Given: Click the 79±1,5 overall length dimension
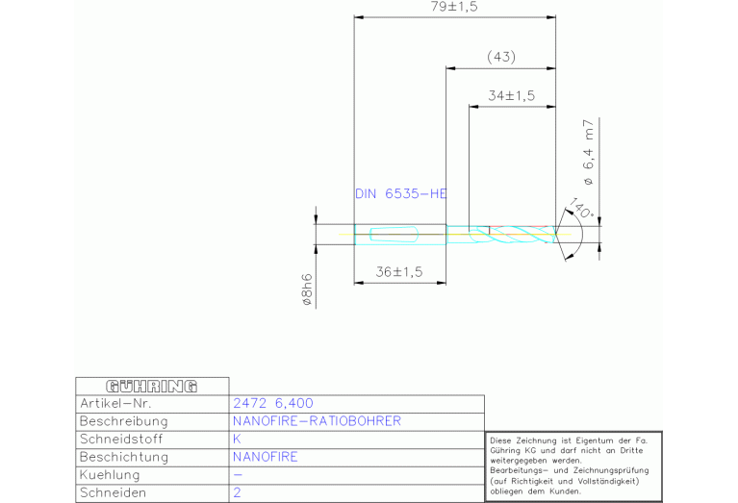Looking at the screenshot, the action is click(454, 7).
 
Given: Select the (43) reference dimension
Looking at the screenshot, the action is click(501, 57).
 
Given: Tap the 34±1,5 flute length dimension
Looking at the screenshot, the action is click(512, 96).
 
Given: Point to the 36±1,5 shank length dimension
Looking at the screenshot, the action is click(399, 272).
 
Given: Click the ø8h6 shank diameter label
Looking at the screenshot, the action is click(306, 290).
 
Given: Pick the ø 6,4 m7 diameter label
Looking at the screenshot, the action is click(588, 152).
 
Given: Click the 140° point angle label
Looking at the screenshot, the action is click(582, 209).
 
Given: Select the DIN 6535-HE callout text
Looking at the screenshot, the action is click(401, 194).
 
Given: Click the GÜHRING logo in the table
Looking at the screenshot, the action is click(152, 387).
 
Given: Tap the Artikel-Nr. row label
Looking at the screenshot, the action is click(115, 403).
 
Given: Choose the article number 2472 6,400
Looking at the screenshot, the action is click(273, 403).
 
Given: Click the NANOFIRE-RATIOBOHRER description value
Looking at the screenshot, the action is click(317, 421).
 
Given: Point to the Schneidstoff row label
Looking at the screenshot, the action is click(121, 439).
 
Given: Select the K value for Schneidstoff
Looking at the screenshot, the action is click(237, 439).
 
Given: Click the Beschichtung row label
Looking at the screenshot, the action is click(124, 457).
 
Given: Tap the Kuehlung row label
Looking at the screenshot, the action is click(110, 475).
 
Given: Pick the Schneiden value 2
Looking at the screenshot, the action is click(237, 492).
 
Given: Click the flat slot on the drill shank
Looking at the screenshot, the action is click(394, 235).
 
